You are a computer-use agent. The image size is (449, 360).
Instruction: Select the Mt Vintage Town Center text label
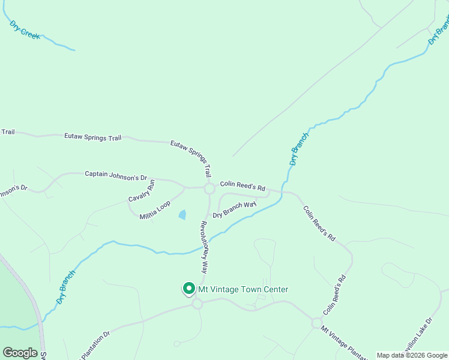pyautogui.click(x=243, y=290)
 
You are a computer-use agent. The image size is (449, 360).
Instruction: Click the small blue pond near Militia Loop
pyautogui.click(x=182, y=214)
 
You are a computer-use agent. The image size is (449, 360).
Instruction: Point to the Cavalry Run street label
pyautogui.click(x=142, y=191)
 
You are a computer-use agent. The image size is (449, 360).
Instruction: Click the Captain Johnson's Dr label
pyautogui.click(x=116, y=175)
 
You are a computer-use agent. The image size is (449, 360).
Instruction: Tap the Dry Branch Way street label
pyautogui.click(x=235, y=209)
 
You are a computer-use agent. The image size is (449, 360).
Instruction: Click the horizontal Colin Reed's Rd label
pyautogui.click(x=243, y=186)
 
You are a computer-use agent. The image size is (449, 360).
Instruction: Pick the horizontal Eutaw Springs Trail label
pyautogui.click(x=92, y=137)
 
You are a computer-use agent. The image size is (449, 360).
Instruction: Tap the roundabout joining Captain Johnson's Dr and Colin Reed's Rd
pyautogui.click(x=209, y=189)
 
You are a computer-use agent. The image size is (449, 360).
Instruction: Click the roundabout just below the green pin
pyautogui.click(x=197, y=304)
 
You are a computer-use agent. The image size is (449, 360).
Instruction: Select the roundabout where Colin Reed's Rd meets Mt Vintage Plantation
pyautogui.click(x=316, y=323)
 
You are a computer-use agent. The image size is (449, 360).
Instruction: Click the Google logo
pyautogui.click(x=20, y=353)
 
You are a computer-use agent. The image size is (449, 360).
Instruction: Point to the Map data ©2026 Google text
pyautogui.click(x=412, y=355)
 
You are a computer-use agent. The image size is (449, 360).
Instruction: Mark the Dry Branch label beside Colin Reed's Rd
pyautogui.click(x=298, y=149)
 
